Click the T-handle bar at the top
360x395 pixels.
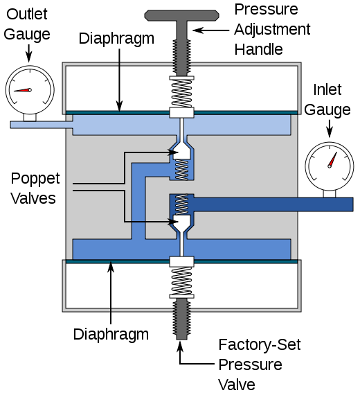(x=181, y=15)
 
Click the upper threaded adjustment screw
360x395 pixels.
(x=181, y=55)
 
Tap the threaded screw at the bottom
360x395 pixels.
(x=181, y=319)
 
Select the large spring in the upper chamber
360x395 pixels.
(x=181, y=93)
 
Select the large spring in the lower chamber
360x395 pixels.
(x=181, y=281)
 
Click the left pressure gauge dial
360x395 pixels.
(x=30, y=89)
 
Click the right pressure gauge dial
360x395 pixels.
(x=330, y=166)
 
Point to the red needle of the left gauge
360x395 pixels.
(x=21, y=90)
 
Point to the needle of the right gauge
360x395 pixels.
(x=332, y=159)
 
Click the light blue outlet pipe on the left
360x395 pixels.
(x=38, y=125)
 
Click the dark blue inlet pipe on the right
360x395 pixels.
(x=277, y=204)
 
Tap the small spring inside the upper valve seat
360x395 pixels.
(x=181, y=169)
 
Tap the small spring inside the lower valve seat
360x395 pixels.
(x=181, y=204)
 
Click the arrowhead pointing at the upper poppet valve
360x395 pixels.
(x=174, y=152)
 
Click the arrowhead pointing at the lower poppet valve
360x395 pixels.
(x=172, y=222)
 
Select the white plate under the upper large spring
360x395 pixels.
(x=181, y=112)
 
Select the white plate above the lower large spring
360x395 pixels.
(x=181, y=261)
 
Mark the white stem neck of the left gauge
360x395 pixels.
(x=30, y=117)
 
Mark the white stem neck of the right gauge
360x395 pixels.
(x=330, y=193)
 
